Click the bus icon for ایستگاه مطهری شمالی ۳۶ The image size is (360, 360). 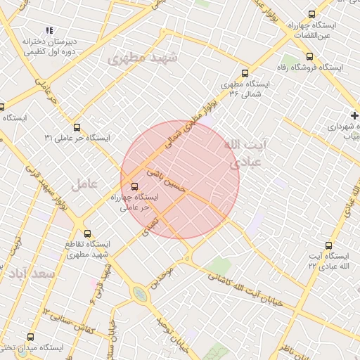click(x=245, y=72)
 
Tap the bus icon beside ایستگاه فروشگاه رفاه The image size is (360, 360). click(x=309, y=56)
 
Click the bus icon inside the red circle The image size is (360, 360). click(x=134, y=186)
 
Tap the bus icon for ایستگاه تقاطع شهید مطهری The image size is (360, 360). click(x=87, y=233)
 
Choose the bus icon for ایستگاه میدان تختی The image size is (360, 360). click(x=30, y=337)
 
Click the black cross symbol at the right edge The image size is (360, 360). click(x=354, y=115)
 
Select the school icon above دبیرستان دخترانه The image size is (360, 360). click(x=49, y=30)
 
